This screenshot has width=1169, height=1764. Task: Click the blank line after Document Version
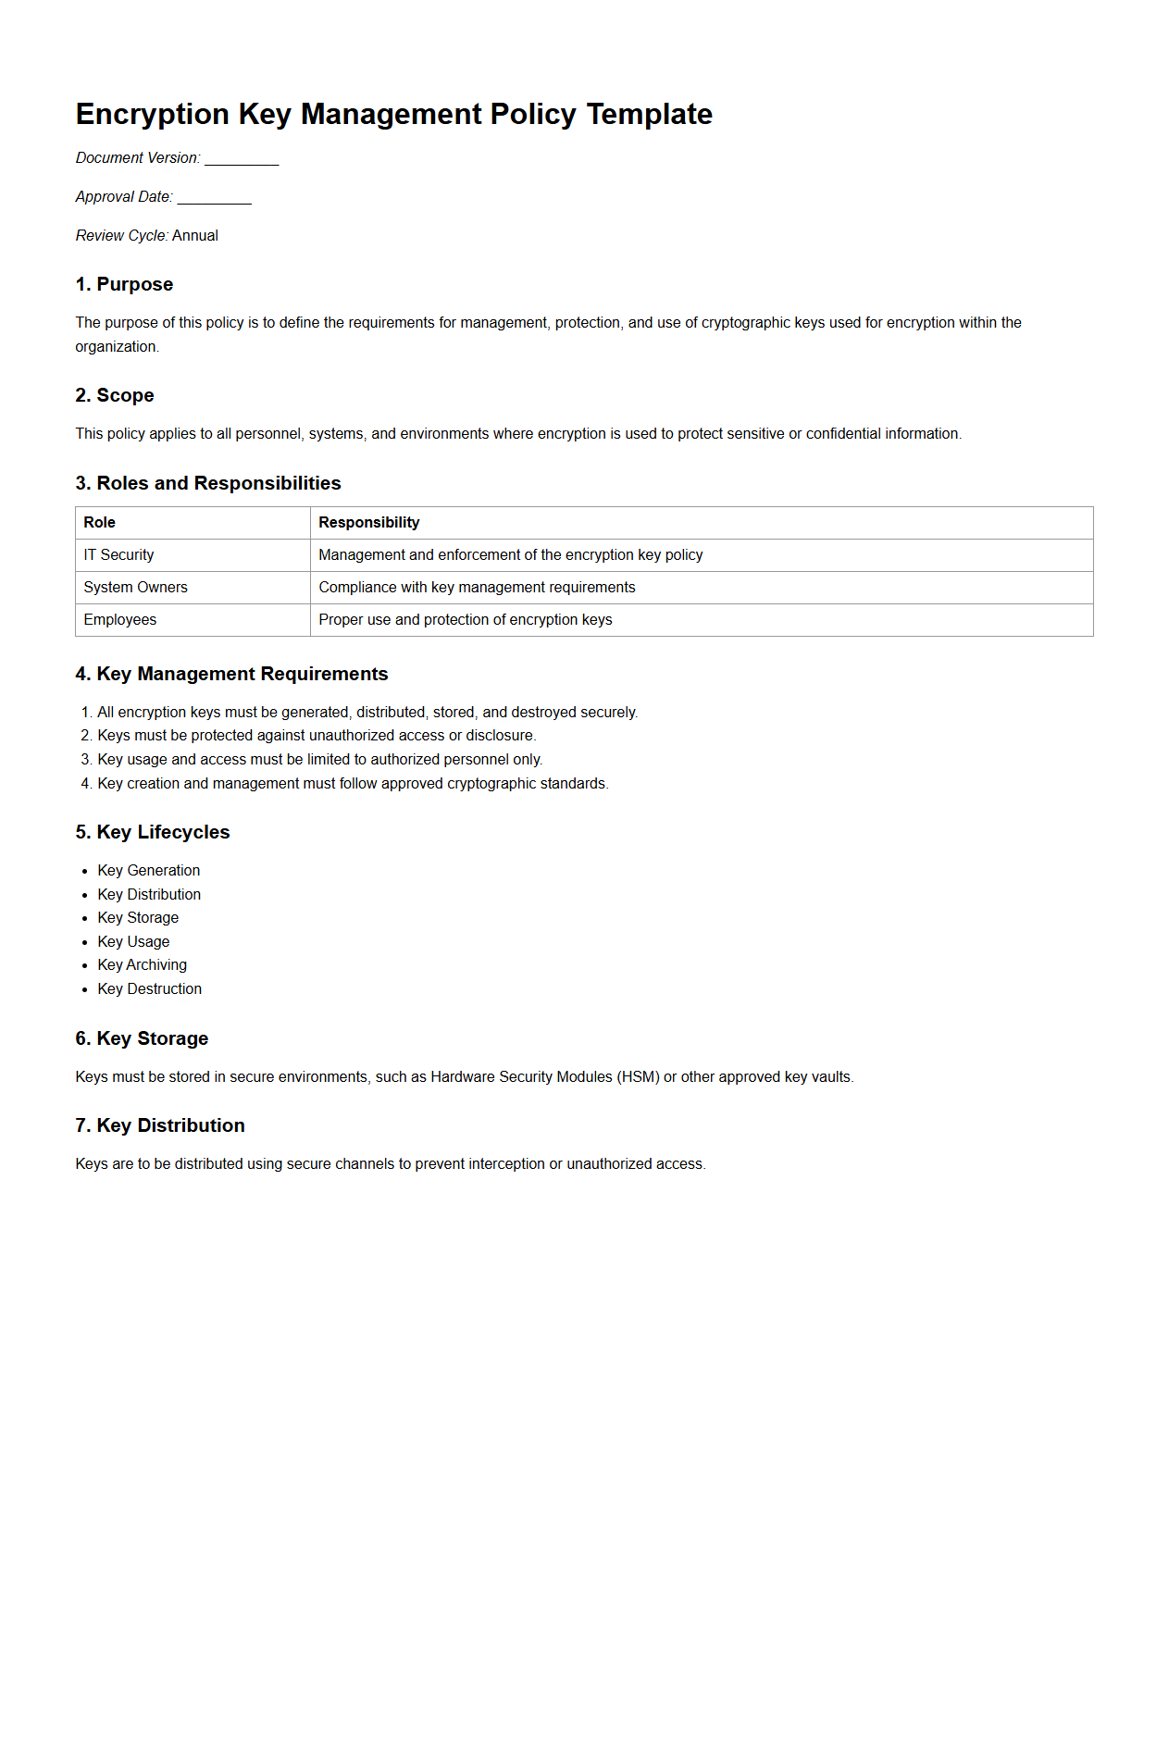[x=242, y=159]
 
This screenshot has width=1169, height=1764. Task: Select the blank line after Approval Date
[x=214, y=198]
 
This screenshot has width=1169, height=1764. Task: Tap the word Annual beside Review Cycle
[x=195, y=236]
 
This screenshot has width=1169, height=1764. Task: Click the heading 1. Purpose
[x=124, y=284]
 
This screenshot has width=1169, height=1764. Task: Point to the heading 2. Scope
[x=115, y=395]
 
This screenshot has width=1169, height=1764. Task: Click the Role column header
[x=100, y=523]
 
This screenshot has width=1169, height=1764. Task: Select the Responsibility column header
[x=368, y=523]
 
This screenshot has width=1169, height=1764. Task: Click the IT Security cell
[x=118, y=555]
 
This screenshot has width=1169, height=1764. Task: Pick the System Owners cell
[x=135, y=588]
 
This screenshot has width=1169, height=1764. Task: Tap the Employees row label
[x=119, y=620]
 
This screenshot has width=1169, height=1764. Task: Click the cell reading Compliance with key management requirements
[x=477, y=588]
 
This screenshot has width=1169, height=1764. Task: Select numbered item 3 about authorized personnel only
[x=319, y=760]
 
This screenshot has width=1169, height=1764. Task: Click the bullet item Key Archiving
[x=142, y=965]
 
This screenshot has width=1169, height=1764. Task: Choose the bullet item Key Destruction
[x=149, y=989]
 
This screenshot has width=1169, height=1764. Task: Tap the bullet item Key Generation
[x=148, y=871]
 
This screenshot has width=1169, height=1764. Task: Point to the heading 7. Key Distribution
[x=160, y=1125]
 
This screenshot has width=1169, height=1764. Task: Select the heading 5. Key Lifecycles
[x=153, y=832]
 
